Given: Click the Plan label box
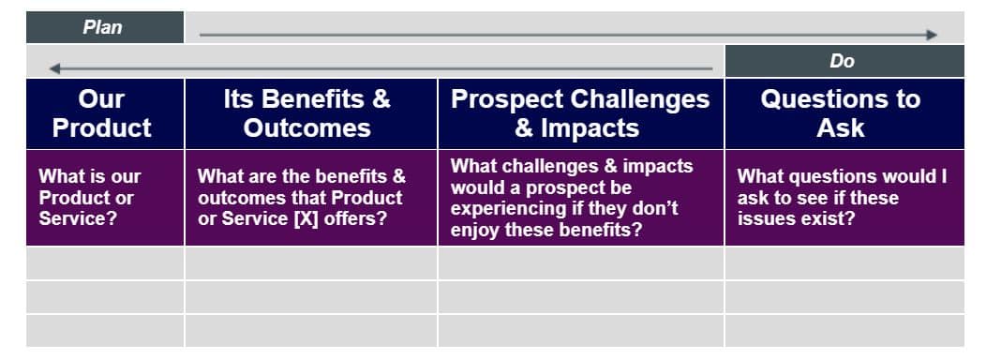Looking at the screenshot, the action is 104,27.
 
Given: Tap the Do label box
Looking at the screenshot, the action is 844,61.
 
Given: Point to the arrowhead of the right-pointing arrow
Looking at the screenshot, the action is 932,35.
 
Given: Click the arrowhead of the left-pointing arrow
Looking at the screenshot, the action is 54,68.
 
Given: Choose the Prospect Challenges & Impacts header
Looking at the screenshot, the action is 581,114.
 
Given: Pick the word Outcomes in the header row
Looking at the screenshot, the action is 306,128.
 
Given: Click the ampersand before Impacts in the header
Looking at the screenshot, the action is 523,128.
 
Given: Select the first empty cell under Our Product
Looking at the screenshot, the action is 105,263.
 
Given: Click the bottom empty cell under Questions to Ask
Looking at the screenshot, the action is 844,330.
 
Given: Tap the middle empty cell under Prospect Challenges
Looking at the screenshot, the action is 581,297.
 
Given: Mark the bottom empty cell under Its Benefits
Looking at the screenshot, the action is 311,330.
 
